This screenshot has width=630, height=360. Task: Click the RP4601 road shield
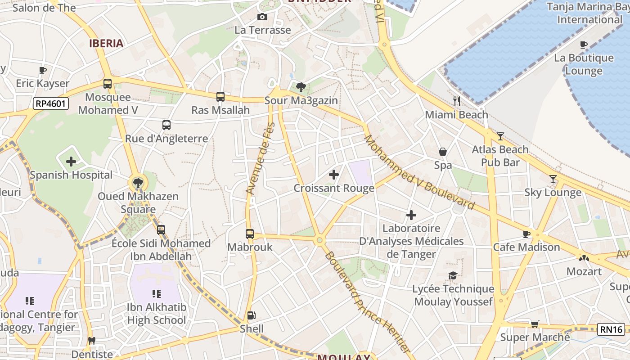[x=51, y=104]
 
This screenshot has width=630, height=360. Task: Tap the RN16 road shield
[x=611, y=329]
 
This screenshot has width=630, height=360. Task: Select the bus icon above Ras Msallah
[x=220, y=97]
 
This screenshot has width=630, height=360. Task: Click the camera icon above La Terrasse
[x=262, y=17]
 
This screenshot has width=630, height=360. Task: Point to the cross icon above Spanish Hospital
[x=71, y=161]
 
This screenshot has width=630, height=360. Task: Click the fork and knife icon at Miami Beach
[x=457, y=101]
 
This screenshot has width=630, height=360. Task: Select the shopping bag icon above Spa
[x=443, y=152]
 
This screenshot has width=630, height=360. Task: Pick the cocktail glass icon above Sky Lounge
[x=553, y=179]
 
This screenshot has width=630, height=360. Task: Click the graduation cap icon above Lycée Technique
[x=453, y=275]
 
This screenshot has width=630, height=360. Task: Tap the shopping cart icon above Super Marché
[x=535, y=324]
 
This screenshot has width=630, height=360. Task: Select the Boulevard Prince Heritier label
[x=367, y=302]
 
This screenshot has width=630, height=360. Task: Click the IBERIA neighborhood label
[x=106, y=43]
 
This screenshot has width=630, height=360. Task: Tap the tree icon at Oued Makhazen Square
[x=138, y=183]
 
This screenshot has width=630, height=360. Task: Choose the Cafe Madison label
[x=526, y=247]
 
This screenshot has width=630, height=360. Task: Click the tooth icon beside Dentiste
[x=92, y=341]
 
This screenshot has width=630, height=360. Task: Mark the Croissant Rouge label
[x=334, y=188]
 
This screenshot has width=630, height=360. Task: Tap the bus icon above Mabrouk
[x=250, y=234]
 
